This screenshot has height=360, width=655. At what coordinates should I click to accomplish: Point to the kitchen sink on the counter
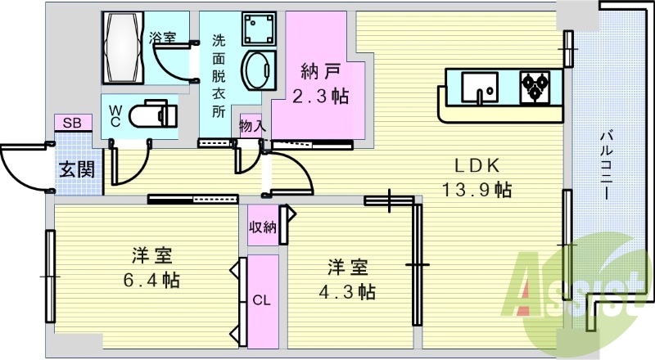pyautogui.click(x=480, y=86)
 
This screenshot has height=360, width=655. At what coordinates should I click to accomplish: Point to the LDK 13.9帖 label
pyautogui.click(x=478, y=177)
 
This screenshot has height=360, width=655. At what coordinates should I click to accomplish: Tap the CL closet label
pyautogui.click(x=261, y=300)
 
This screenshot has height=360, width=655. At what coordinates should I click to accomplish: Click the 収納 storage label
pyautogui.click(x=263, y=227)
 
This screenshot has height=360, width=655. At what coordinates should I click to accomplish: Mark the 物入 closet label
pyautogui.click(x=251, y=126)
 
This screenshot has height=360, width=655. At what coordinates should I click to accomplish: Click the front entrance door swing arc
pyautogui.click(x=20, y=168)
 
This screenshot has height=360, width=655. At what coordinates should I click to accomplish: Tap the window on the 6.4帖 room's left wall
pyautogui.click(x=49, y=277)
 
